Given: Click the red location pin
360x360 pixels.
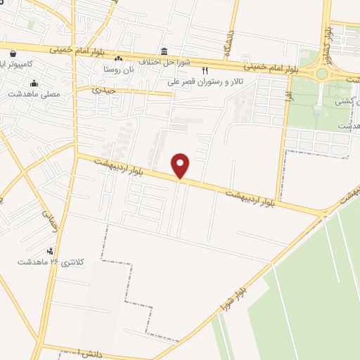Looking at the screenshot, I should (181, 166).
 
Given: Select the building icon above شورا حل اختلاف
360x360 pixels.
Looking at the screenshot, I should (164, 51).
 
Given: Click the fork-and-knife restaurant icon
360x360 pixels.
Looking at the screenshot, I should (205, 70).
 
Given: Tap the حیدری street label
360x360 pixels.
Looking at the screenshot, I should (106, 91).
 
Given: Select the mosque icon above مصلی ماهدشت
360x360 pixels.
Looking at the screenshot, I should (33, 84).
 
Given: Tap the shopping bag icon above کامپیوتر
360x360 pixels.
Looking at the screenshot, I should (13, 51).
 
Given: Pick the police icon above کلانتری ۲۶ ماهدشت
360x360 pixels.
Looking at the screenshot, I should (50, 251).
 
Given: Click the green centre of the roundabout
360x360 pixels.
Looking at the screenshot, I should (321, 73).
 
